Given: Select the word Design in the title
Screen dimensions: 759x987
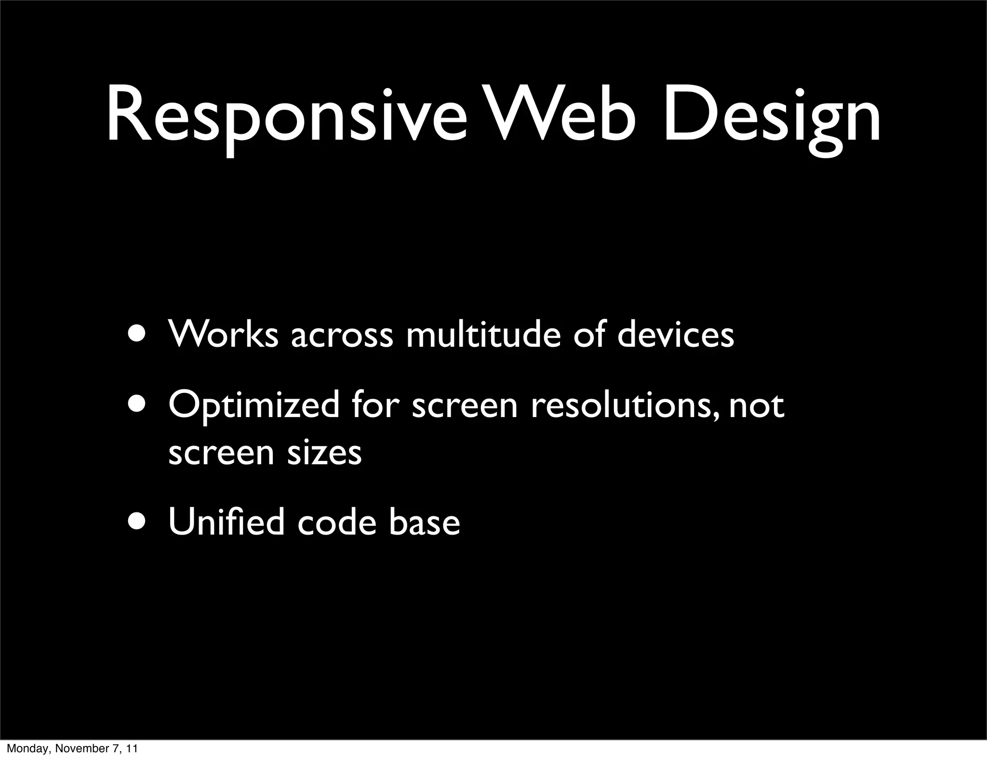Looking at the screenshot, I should tap(771, 116).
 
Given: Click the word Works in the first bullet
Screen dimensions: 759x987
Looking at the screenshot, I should tap(223, 333).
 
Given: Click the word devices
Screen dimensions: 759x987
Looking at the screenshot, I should tap(676, 333).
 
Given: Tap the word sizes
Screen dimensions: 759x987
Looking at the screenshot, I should tap(324, 453).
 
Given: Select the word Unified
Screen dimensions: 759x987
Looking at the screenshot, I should tap(226, 522).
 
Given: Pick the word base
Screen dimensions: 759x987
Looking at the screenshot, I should tap(424, 522).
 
